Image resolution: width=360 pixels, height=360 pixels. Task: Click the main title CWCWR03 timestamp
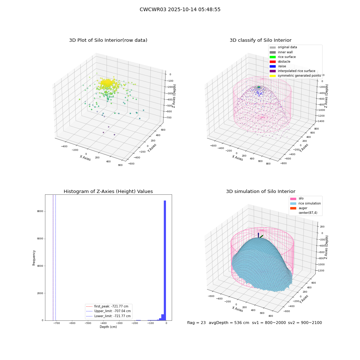[x=180, y=9]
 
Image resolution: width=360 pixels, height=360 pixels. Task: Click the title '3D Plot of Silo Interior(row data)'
[x=108, y=40]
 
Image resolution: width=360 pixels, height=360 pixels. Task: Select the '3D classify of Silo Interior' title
[x=261, y=40]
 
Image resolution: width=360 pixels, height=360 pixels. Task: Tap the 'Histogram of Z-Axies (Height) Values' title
[x=108, y=192]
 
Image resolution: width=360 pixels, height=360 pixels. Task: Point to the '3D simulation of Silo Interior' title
[x=261, y=192]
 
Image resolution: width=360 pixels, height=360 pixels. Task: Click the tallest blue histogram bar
[x=165, y=260]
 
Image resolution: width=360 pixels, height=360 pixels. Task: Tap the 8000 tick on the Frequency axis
[x=40, y=211]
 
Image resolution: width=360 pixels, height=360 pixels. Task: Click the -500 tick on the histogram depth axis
[x=88, y=323]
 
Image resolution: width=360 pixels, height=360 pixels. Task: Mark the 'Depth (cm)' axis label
[x=108, y=327]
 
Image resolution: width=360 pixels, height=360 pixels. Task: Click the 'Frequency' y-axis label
[x=34, y=258]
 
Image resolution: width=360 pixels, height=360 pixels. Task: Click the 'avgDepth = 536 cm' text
[x=229, y=323]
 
